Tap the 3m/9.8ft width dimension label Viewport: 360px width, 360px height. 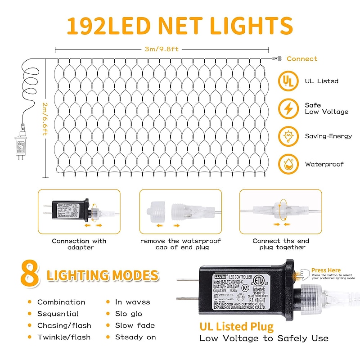(x=162, y=49)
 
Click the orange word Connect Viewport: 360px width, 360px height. (x=301, y=58)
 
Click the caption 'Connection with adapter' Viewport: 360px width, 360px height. (x=79, y=244)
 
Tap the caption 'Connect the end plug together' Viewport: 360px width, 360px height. (x=280, y=244)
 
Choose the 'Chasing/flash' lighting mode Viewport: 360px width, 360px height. (x=64, y=325)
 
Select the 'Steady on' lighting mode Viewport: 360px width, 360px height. (x=135, y=337)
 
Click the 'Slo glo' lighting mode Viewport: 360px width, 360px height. (x=128, y=314)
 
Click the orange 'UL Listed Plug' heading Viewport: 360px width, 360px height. (x=237, y=326)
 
